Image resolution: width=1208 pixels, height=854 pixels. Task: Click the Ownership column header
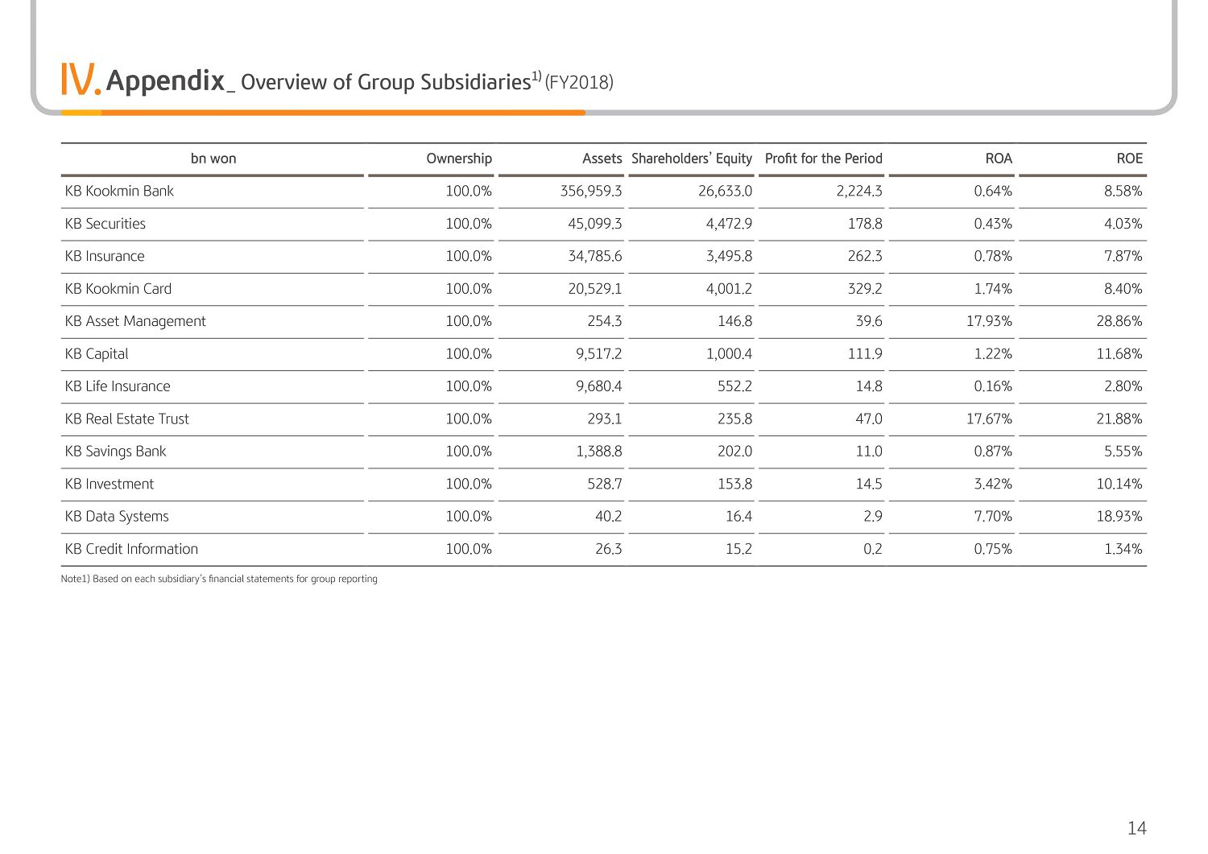[459, 159]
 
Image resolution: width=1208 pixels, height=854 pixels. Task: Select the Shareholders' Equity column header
[691, 159]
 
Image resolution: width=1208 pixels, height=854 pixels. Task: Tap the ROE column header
[1129, 159]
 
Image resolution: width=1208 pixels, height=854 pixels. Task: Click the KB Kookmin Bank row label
[119, 191]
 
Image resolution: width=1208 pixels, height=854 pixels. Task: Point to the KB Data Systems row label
[117, 517]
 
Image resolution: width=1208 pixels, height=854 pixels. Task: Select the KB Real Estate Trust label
[126, 419]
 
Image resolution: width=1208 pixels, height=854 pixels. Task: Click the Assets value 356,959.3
[591, 191]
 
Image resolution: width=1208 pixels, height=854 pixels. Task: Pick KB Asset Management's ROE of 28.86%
[1119, 321]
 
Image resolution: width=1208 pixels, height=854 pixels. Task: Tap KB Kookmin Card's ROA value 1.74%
[993, 289]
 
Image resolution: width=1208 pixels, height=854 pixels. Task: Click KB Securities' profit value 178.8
[865, 224]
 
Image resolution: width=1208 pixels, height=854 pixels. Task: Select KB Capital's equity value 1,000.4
[729, 353]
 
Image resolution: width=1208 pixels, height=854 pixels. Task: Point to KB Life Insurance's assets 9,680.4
[598, 386]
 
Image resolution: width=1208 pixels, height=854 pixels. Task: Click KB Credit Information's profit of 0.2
[872, 549]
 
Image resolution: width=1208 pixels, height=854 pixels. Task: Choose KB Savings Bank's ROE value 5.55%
[1123, 452]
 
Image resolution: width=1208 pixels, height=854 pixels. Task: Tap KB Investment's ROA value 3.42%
[993, 485]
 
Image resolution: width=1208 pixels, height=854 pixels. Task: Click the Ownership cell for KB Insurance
[469, 256]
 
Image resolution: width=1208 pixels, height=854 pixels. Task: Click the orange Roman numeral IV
[81, 79]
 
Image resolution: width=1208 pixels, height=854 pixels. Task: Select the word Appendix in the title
[165, 80]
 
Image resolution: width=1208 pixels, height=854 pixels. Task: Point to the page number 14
[1137, 828]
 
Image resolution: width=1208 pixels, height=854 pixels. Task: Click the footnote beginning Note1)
[219, 579]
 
